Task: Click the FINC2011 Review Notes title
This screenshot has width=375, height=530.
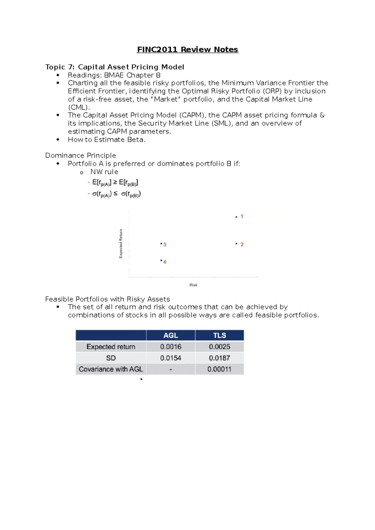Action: (187, 50)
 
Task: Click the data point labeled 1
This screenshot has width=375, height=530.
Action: (236, 217)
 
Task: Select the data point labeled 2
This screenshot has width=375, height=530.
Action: (236, 244)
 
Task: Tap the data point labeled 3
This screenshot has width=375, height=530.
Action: (161, 243)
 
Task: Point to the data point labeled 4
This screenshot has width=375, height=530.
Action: (161, 260)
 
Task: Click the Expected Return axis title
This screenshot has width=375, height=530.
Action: (121, 244)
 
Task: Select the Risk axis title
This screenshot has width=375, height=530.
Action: (193, 285)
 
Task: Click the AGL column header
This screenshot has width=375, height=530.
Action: (171, 335)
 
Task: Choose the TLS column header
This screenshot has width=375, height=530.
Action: (219, 335)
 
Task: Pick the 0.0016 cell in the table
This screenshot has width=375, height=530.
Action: (171, 347)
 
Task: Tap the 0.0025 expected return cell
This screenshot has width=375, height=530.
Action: (219, 347)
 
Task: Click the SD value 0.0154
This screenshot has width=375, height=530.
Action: (171, 358)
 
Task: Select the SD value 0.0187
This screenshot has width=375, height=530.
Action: (219, 358)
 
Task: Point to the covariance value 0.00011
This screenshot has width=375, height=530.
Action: (219, 369)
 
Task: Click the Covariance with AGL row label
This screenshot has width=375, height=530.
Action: (111, 369)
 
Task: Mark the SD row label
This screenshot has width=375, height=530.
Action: (111, 358)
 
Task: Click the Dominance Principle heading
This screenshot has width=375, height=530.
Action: (80, 156)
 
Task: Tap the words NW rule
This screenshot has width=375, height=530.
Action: (104, 172)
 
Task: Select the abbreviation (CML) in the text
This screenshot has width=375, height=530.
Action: (79, 107)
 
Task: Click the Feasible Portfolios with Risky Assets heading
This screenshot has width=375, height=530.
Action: (107, 299)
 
